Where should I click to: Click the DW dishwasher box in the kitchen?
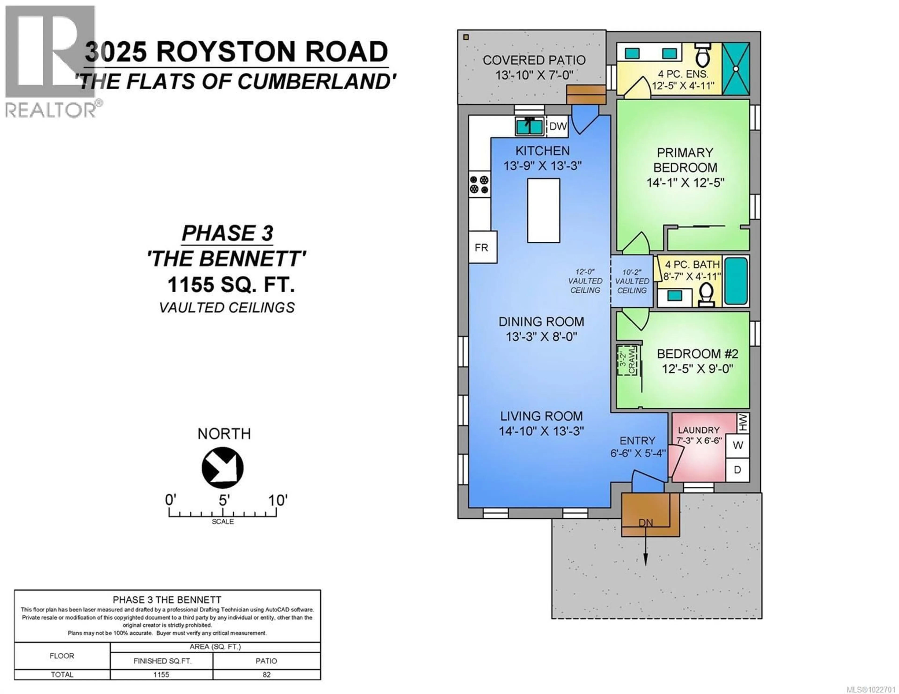click(x=558, y=126)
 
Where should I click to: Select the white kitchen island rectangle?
click(x=543, y=210)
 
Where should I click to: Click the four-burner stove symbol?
click(x=479, y=185)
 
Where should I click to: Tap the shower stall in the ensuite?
click(x=736, y=69)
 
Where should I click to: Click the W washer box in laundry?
click(x=738, y=445)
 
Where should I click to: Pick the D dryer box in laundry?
click(x=738, y=469)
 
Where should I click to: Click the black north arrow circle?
click(x=222, y=468)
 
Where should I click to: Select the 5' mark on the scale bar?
click(x=223, y=501)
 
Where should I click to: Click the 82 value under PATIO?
click(x=266, y=675)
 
